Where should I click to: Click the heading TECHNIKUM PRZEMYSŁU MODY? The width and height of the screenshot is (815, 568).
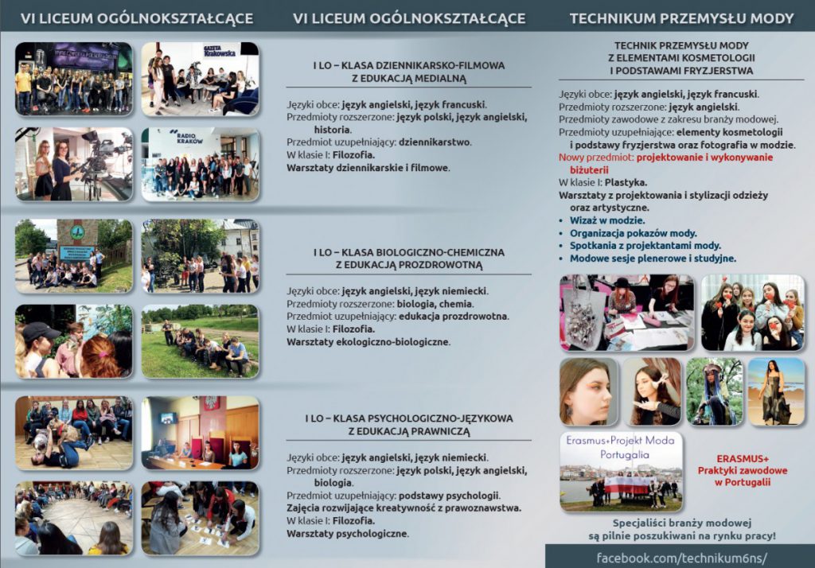(x=681, y=18)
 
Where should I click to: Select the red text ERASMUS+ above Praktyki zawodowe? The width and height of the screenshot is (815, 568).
(x=742, y=459)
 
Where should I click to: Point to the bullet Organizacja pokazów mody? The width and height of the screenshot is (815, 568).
(x=633, y=233)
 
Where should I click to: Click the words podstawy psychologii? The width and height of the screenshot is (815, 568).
(x=454, y=495)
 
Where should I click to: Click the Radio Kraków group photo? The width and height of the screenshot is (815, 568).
(x=200, y=163)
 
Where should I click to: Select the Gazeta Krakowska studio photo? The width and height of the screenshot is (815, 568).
(x=200, y=79)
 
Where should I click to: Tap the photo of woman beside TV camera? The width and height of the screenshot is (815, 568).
(x=73, y=163)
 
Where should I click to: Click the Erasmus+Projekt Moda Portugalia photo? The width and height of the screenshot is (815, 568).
(x=621, y=472)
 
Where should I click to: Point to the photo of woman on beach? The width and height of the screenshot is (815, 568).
(x=775, y=391)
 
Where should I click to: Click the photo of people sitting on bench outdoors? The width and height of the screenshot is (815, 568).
(x=200, y=340)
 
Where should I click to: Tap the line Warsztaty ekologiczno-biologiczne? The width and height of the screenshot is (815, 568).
(x=369, y=342)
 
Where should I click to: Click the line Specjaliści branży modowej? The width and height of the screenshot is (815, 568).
(x=682, y=523)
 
